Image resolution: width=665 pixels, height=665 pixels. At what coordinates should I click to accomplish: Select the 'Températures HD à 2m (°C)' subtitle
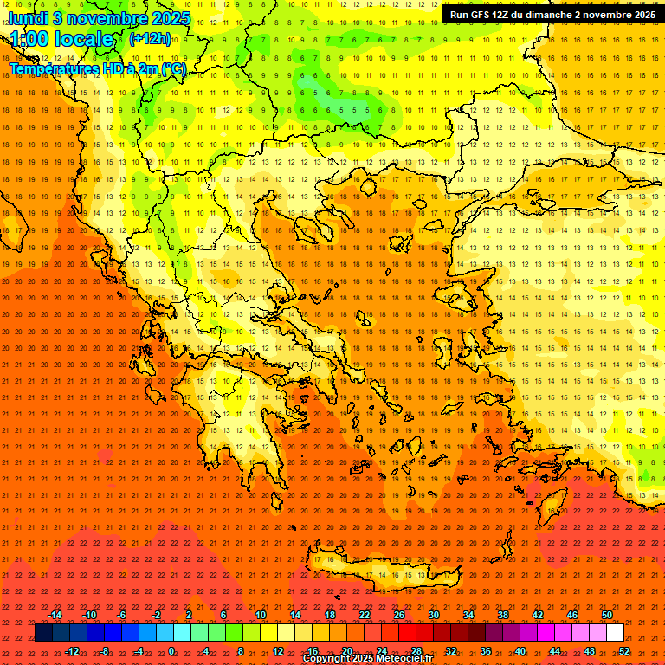pos(98,69)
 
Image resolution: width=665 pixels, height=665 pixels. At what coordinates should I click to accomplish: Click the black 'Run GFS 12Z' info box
pos(552,15)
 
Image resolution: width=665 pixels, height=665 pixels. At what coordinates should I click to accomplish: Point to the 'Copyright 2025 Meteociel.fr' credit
pos(367,659)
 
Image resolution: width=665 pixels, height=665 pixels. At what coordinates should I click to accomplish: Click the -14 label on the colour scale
pos(55,615)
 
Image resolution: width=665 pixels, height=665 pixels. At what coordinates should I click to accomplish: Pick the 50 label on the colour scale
pos(607,615)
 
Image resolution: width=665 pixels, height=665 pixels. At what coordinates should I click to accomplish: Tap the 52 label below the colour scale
pos(624,650)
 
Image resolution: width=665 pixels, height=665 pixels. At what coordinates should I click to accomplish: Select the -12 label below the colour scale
pos(72,650)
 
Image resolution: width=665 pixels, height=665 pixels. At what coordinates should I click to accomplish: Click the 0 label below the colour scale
pos(171,650)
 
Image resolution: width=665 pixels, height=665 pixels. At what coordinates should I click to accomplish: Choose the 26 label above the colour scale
pos(399,615)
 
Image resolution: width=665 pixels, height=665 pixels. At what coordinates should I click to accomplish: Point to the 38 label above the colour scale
pos(503,615)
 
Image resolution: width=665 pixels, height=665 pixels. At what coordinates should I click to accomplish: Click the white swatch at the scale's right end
pos(616,633)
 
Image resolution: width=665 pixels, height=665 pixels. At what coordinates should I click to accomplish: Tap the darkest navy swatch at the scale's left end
pos(43,633)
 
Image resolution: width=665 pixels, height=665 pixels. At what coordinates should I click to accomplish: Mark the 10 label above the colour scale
pos(261,615)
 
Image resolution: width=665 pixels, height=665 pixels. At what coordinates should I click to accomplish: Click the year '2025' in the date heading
pos(170,18)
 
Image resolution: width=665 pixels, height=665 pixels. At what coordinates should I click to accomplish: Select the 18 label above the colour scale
pos(330,615)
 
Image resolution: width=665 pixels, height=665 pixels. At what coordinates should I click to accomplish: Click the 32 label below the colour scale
pos(451,650)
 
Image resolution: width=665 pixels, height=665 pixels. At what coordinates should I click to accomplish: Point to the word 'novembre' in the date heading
pos(100,18)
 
